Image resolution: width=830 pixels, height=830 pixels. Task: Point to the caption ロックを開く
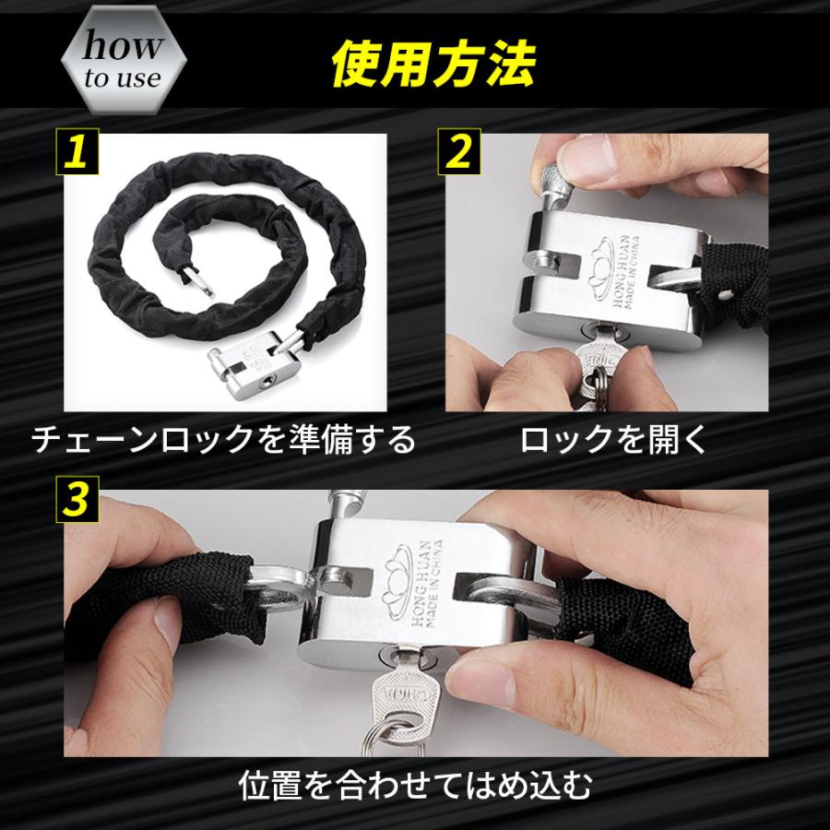614,440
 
